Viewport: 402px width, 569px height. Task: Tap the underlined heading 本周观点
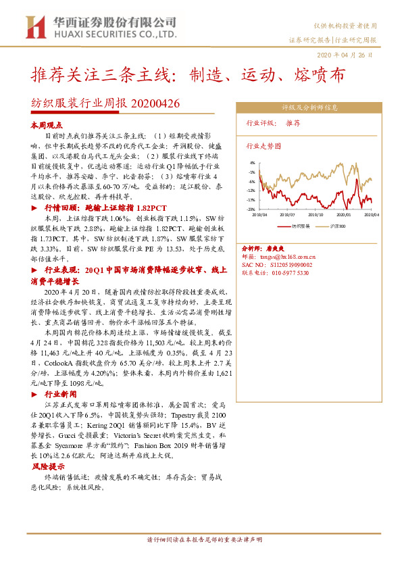click(x=47, y=126)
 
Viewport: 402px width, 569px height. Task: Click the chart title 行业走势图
click(x=263, y=145)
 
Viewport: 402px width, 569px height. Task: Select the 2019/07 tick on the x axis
click(x=288, y=214)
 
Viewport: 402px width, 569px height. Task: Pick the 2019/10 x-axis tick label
click(x=316, y=214)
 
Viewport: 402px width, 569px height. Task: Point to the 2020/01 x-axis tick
click(x=345, y=214)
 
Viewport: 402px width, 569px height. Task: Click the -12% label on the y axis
click(x=251, y=191)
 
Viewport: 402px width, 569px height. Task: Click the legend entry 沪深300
click(x=338, y=226)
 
